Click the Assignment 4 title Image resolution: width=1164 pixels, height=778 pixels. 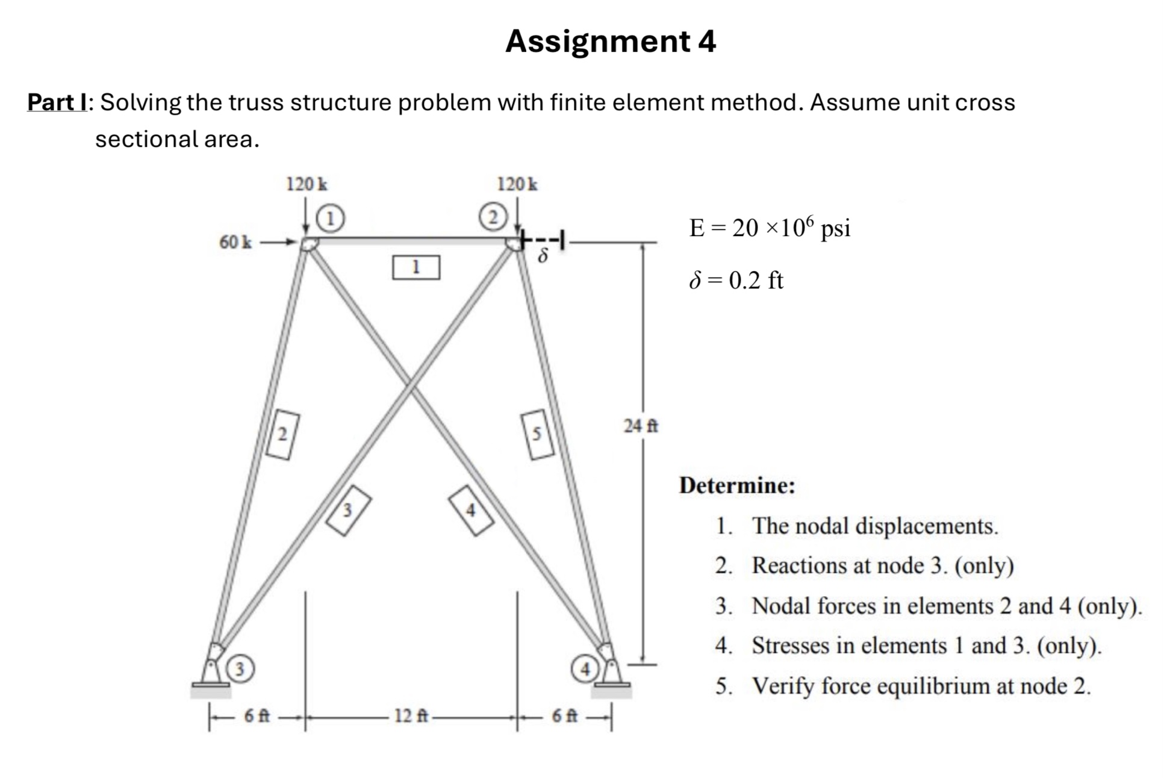610,42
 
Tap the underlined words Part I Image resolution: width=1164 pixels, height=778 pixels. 57,102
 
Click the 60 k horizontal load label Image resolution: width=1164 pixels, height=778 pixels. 235,243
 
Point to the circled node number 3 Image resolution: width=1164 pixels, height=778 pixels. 240,669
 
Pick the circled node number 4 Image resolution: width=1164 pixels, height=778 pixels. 585,669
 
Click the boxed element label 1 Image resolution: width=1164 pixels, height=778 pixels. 415,267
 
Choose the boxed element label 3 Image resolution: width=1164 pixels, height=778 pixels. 348,510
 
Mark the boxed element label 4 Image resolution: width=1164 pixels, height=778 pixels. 471,510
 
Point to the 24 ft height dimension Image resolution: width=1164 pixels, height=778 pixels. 641,426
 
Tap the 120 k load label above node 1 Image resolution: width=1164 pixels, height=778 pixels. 307,184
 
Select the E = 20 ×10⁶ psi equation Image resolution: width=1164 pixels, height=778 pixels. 769,228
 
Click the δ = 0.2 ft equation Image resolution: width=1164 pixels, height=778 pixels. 736,281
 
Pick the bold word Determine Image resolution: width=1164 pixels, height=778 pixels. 736,485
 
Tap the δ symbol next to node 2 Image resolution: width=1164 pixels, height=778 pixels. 543,257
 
